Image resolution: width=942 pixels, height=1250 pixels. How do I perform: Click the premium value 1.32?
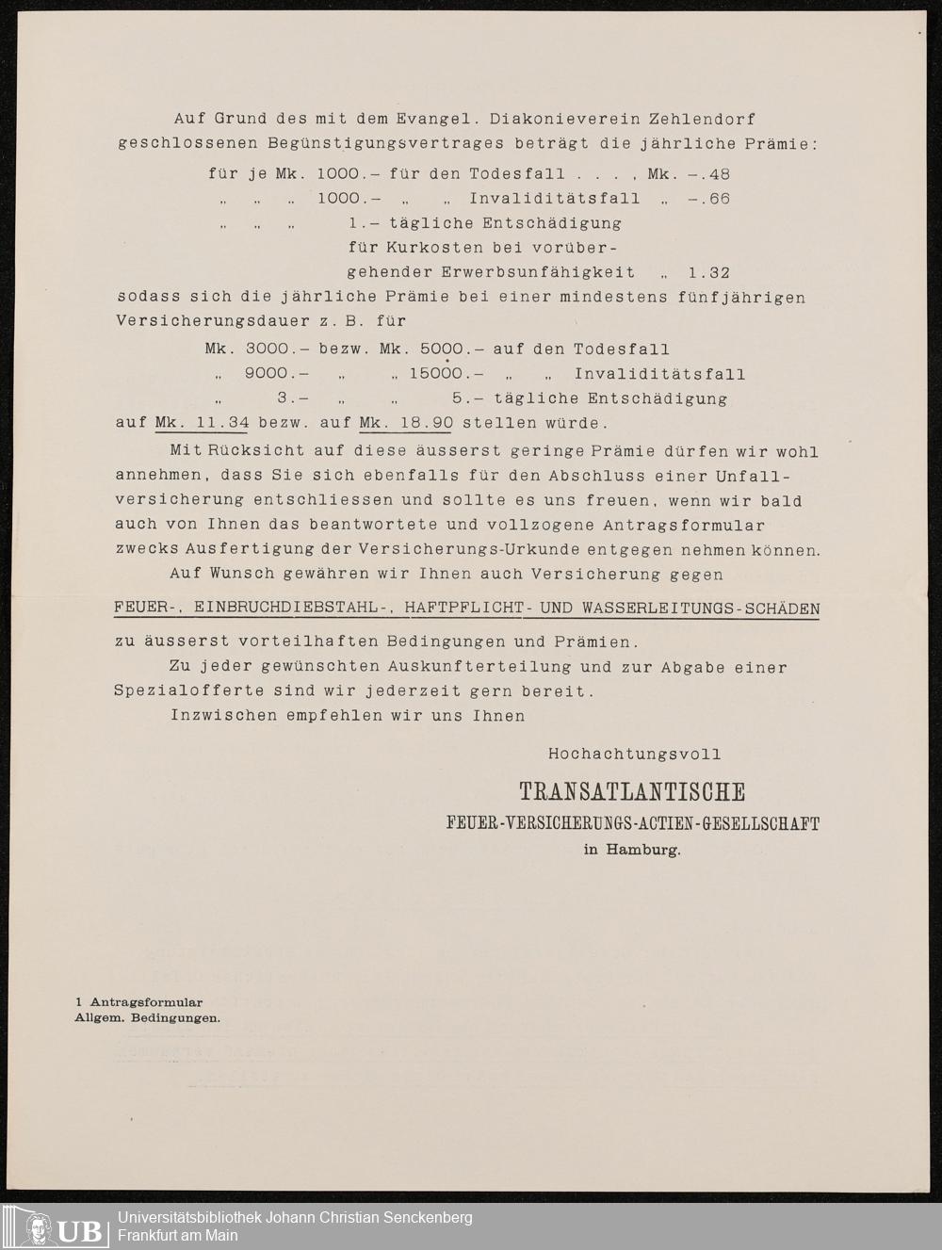click(x=709, y=273)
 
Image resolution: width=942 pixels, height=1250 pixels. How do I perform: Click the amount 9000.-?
click(x=277, y=374)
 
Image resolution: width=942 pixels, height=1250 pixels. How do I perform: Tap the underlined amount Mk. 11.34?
click(x=202, y=423)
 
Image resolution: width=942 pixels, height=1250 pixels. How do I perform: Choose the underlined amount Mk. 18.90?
click(x=405, y=423)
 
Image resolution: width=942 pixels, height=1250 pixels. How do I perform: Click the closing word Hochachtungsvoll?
click(x=634, y=755)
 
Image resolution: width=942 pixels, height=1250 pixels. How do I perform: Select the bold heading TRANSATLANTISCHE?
click(x=632, y=792)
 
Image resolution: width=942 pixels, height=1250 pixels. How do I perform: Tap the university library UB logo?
click(x=56, y=1226)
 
